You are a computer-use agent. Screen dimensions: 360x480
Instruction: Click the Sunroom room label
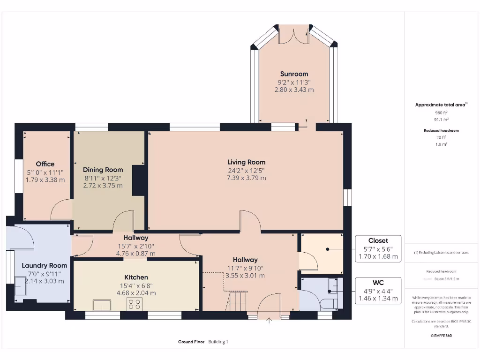coord(294,74)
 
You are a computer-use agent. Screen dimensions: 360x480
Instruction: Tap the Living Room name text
coord(246,162)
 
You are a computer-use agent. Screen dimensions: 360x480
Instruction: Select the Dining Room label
coord(103,170)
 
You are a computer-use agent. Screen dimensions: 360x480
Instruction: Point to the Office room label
coord(45,164)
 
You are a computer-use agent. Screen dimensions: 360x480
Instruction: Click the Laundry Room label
coord(45,265)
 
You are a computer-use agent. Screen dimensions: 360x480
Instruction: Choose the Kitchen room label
coord(136,277)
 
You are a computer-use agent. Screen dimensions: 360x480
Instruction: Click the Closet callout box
coord(378,248)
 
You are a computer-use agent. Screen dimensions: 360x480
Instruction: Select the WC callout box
coord(378,291)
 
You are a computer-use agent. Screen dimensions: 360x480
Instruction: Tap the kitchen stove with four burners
coord(135,304)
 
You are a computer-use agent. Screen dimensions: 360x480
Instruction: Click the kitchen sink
coord(102,305)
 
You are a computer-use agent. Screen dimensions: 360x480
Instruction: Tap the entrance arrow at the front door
coord(270,321)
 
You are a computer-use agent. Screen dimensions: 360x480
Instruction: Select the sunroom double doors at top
coord(294,37)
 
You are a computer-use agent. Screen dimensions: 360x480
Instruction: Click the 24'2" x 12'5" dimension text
coord(246,170)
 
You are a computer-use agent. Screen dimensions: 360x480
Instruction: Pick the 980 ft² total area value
coord(441,112)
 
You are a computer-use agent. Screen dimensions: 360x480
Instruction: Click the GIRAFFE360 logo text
coord(441,336)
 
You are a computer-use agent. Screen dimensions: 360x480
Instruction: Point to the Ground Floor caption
coord(191,342)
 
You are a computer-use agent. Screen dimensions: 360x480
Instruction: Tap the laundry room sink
coord(21,286)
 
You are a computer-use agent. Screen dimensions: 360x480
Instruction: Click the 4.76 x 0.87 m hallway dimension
coord(135,254)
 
